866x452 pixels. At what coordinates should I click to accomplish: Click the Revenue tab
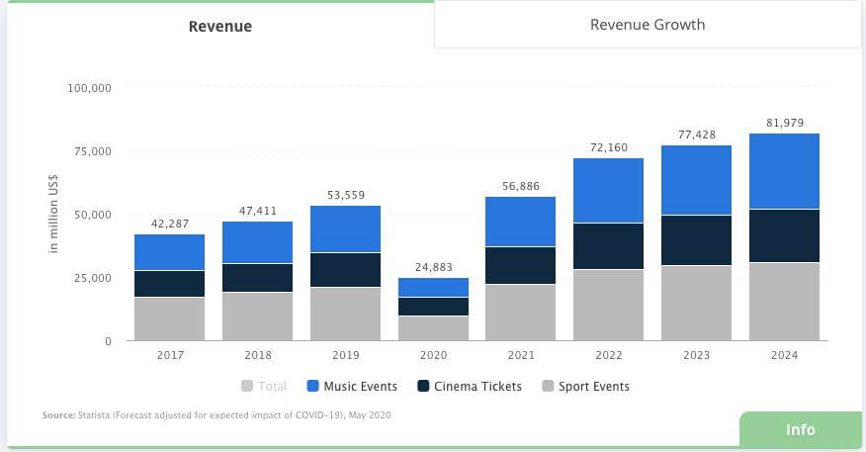pos(219,27)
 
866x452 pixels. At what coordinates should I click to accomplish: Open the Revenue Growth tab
pos(648,25)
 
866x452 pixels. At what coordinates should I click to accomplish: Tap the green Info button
pos(800,430)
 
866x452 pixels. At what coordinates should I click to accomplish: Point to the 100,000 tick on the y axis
pos(89,88)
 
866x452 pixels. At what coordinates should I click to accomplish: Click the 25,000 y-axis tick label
pos(93,278)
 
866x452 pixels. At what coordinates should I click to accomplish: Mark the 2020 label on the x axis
pos(433,355)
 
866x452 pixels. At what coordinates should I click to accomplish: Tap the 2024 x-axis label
pos(784,355)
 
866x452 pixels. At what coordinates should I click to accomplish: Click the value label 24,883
pos(433,267)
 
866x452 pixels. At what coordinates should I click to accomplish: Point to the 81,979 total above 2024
pos(784,123)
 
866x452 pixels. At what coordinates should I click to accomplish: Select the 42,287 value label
pos(169,224)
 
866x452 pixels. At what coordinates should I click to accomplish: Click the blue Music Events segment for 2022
pos(608,191)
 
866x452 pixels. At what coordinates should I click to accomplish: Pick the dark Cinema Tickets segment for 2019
pos(345,270)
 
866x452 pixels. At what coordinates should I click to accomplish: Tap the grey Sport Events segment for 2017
pos(169,318)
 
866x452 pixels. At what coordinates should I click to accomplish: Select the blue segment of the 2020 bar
pos(433,287)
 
